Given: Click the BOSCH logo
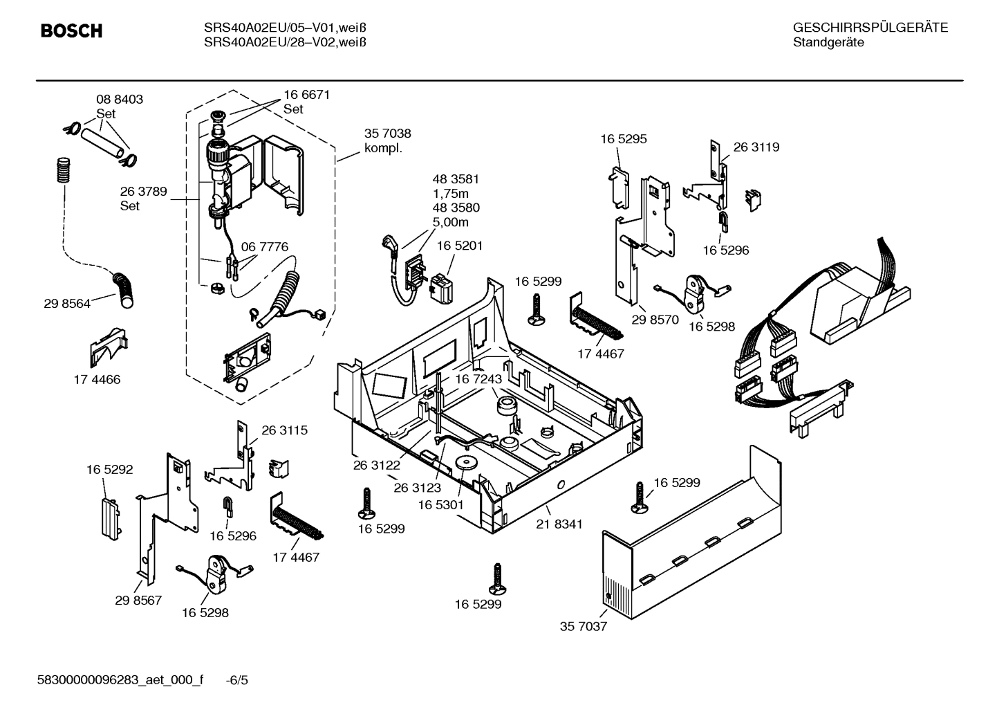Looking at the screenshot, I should tap(71, 31).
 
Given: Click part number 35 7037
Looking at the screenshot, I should tap(583, 627).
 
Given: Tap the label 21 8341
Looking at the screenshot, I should tap(559, 524).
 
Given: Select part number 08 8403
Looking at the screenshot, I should tap(120, 100).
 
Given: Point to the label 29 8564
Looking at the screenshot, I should tap(67, 303).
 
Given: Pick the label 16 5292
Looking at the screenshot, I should tap(110, 470).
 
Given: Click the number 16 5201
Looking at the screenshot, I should tap(460, 246).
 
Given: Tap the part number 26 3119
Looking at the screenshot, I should tap(756, 147).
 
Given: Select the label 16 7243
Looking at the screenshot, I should tap(478, 380).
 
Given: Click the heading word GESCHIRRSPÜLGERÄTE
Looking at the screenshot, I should tap(870, 28).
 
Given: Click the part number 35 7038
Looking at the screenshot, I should tap(387, 134).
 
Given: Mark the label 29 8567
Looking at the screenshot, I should tap(138, 600).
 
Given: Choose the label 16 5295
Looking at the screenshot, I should tap(623, 139).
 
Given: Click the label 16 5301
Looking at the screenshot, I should tap(440, 506).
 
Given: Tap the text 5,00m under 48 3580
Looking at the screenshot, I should tap(451, 222).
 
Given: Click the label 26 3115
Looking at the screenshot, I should tap(284, 430).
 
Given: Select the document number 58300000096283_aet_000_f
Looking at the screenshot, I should tap(120, 680).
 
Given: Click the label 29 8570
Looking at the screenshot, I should tap(655, 320).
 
